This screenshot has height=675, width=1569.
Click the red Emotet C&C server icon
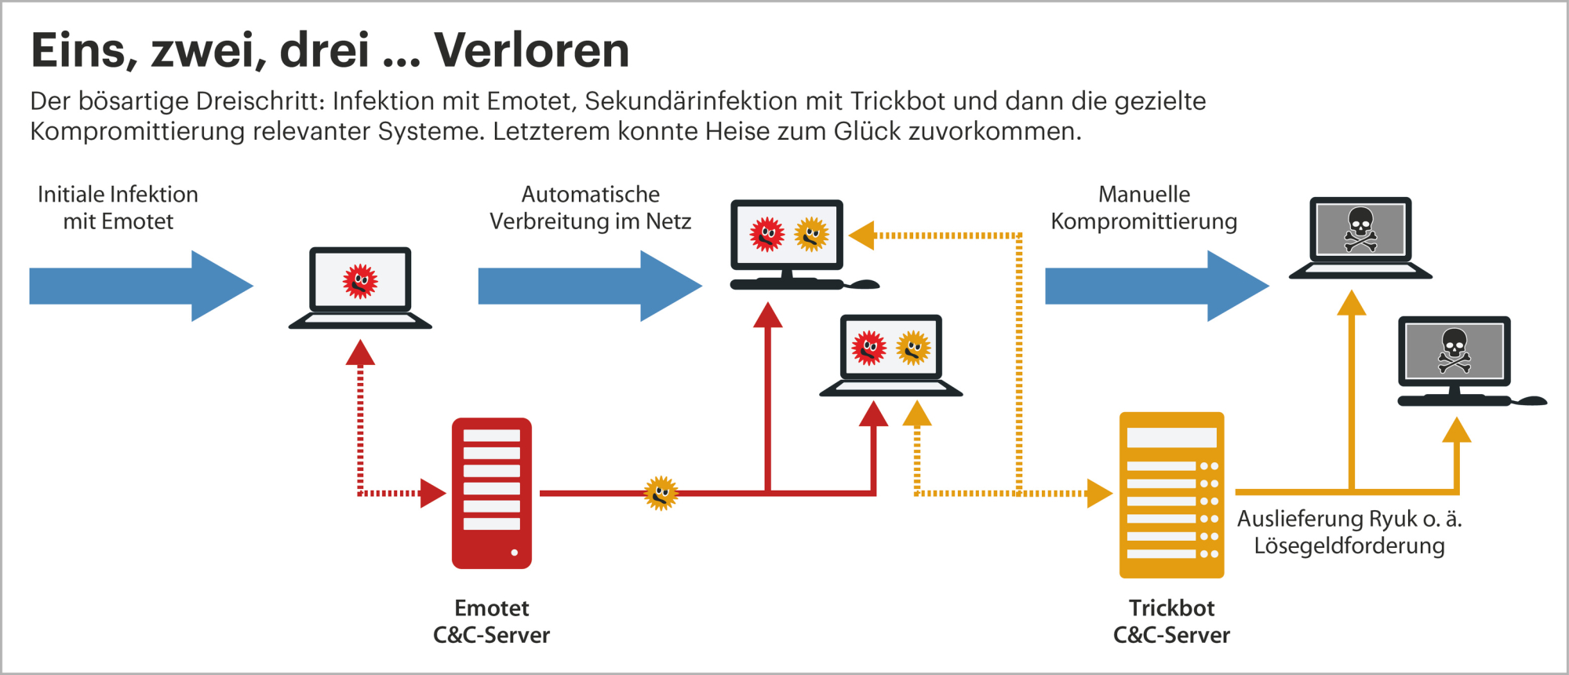pos(492,493)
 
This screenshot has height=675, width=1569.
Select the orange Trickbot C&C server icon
pos(1171,495)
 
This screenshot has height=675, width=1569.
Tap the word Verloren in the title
pos(532,50)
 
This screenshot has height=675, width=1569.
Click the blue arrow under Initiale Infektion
pos(141,286)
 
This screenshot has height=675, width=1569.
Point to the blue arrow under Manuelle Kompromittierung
pos(1156,286)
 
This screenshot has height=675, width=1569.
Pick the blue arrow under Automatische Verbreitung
pos(590,286)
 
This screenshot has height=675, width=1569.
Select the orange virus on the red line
pos(661,493)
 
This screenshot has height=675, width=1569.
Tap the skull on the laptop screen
pos(1360,228)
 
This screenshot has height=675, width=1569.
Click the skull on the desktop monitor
pos(1454,350)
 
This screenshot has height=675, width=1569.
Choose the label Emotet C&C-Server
pos(492,621)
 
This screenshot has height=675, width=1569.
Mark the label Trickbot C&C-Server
pos(1171,621)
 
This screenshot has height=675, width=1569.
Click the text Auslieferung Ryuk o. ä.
pos(1349,519)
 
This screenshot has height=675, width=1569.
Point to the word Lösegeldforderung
pos(1349,545)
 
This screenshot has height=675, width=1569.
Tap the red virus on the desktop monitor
pos(766,234)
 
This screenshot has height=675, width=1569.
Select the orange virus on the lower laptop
pos(913,348)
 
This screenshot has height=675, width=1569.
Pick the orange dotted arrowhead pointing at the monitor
pos(862,235)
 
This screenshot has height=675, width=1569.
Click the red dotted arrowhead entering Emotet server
pos(432,493)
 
